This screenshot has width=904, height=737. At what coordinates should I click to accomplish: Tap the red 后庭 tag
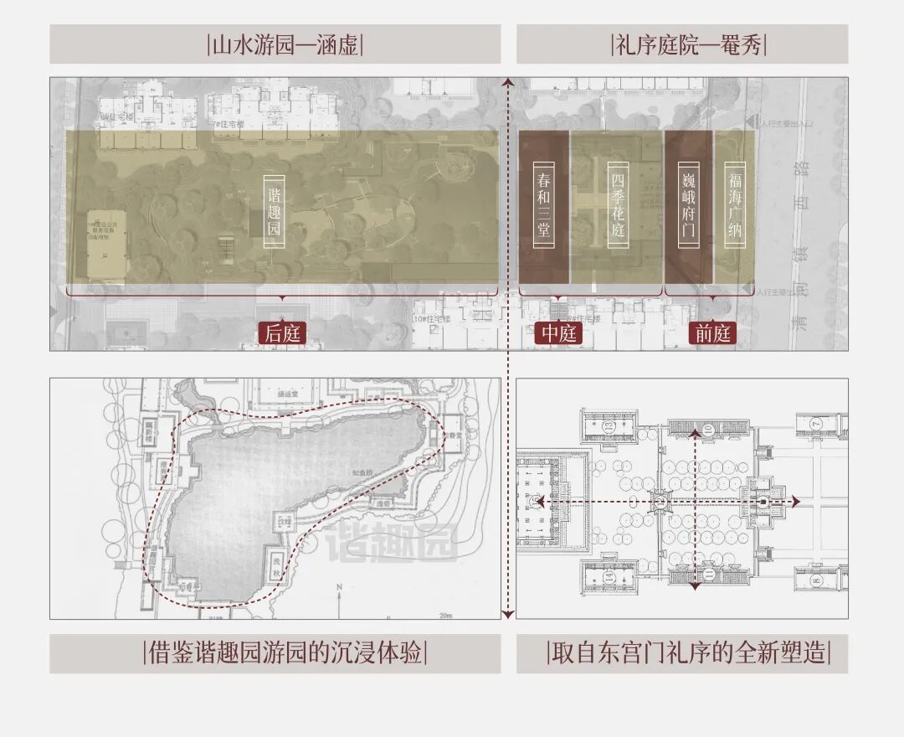point(282,332)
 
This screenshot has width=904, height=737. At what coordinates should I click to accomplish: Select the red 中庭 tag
point(558,332)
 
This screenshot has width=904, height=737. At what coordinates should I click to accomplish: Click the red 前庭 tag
point(712,332)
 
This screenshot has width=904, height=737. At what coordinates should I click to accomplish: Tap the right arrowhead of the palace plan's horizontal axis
point(796,502)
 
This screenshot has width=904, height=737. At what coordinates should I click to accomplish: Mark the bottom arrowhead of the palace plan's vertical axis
point(694,588)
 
